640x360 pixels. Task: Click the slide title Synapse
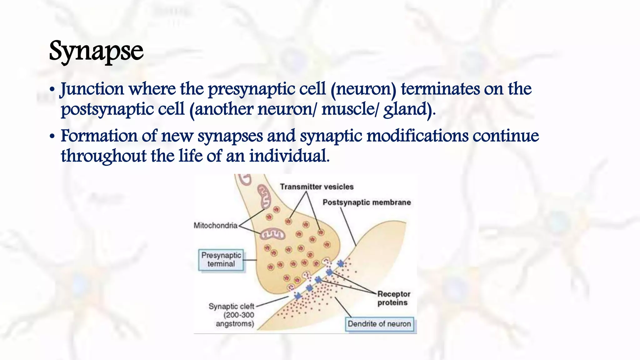tap(96, 51)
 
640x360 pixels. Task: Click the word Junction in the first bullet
tap(92, 89)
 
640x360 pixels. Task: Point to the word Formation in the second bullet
tap(99, 136)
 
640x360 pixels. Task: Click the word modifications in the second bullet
tap(417, 136)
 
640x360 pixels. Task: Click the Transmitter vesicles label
tap(317, 187)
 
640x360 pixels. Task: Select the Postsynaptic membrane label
tap(367, 202)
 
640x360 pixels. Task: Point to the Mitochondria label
tap(215, 225)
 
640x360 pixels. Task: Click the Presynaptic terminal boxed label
tap(221, 260)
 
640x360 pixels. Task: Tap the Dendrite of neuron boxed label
tap(379, 324)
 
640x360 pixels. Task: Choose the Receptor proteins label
tap(393, 298)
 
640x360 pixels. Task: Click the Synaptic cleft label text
tap(231, 306)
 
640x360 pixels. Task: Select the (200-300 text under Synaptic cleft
tap(238, 315)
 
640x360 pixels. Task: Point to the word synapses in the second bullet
tap(230, 136)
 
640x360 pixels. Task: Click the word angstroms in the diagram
tap(235, 324)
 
